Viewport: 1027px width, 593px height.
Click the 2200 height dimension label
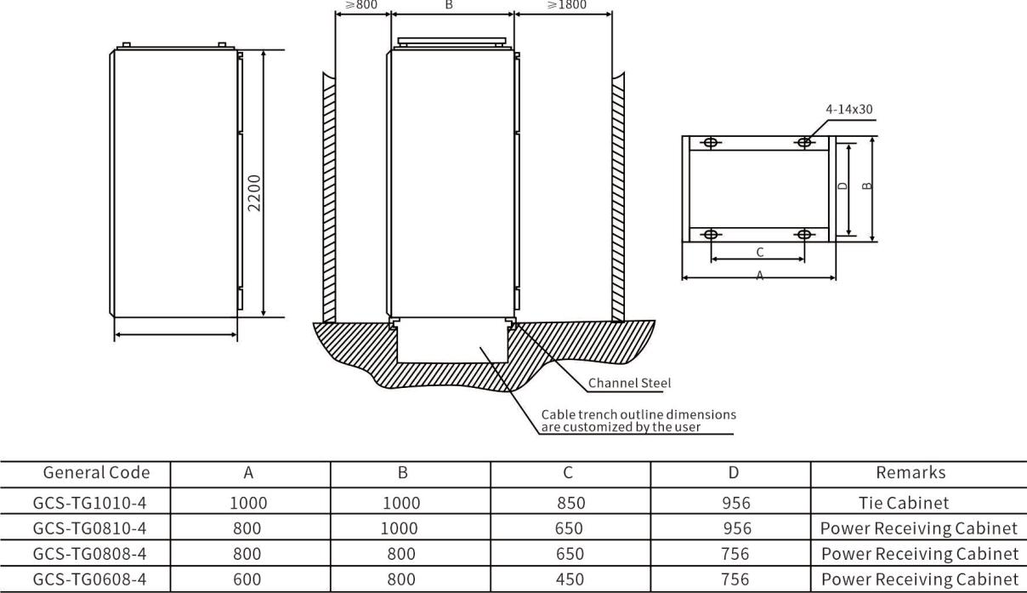tap(254, 193)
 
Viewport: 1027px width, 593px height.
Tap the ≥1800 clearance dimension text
tap(567, 4)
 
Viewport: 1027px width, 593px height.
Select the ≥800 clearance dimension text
tap(361, 4)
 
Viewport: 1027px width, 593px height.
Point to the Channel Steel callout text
tap(629, 383)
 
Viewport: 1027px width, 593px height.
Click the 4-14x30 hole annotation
tap(849, 109)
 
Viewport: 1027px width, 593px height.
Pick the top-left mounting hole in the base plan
tap(711, 143)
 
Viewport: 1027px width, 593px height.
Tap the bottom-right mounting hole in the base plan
tap(804, 235)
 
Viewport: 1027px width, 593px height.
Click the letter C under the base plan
tap(760, 252)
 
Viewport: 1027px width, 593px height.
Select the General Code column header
tap(96, 472)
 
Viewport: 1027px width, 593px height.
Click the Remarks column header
tap(911, 472)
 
